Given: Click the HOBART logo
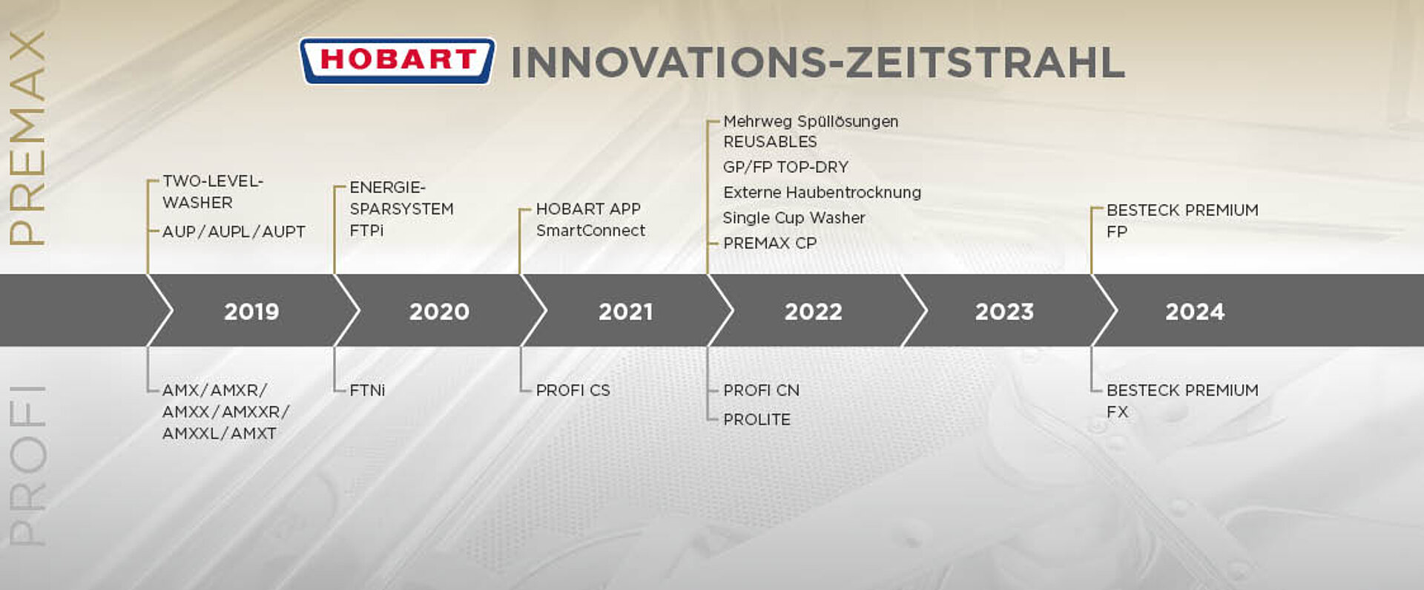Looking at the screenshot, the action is pos(397,61).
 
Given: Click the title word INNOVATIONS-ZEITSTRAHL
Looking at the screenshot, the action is pos(818,62).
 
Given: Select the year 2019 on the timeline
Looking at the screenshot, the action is pos(251,312).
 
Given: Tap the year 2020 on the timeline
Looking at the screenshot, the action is pos(439,312).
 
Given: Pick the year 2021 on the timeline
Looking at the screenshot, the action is pos(626,312).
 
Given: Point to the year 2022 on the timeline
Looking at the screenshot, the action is pos(814,312).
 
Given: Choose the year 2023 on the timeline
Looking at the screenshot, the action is pos(1004,312).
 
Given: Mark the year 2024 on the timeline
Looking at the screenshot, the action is pos(1195,312).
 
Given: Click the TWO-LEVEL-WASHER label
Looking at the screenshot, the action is pos(213,191).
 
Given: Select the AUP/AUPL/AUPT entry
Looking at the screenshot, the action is pos(234,232).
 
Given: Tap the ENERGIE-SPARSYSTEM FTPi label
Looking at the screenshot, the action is pos(401,209).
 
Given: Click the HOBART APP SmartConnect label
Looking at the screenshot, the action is pos(590,220).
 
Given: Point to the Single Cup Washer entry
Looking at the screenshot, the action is pos(794,218).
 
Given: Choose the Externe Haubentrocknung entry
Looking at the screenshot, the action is pos(822,192).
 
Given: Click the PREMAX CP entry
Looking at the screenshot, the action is pos(770,243).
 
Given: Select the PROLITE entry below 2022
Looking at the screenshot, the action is pos(756,419).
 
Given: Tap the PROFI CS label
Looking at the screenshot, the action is pos(573,390).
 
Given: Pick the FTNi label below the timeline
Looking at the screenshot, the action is pos(367,390).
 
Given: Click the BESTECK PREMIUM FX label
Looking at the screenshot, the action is pos(1182,401).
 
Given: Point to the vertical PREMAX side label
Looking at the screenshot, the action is pos(27,138).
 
